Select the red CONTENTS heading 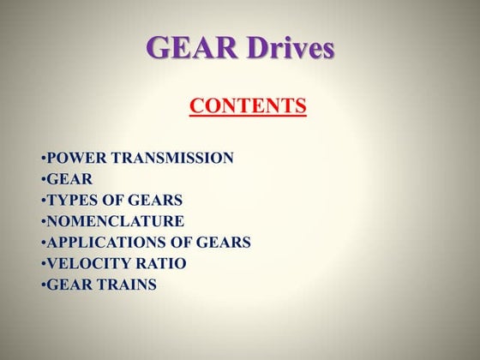click(248, 106)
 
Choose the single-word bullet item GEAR click(68, 179)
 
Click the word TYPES click(71, 201)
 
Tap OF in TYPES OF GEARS click(112, 201)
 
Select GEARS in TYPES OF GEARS click(155, 201)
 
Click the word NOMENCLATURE click(116, 222)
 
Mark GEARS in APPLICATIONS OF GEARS click(223, 243)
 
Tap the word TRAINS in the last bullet click(126, 285)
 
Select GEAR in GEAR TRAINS click(68, 285)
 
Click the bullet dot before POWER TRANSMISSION click(43, 159)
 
